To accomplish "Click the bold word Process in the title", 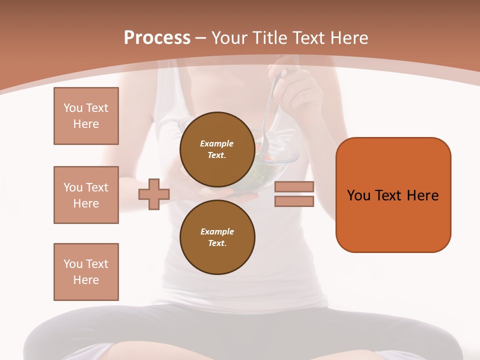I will click(157, 38).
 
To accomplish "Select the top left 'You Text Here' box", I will click(86, 116).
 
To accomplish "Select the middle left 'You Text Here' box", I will click(86, 195).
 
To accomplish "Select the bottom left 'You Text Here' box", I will click(86, 271).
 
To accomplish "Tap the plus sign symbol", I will click(154, 194).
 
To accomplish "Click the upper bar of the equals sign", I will click(294, 187).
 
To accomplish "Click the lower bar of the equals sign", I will click(294, 201).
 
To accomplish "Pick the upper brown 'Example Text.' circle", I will click(217, 149).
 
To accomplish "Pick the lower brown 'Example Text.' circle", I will click(217, 237).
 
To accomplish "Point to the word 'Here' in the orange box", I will click(422, 195).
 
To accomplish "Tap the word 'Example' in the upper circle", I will click(216, 144).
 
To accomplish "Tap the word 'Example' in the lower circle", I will click(217, 232).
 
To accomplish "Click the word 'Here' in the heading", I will click(350, 38).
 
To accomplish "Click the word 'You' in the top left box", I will click(73, 108).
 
